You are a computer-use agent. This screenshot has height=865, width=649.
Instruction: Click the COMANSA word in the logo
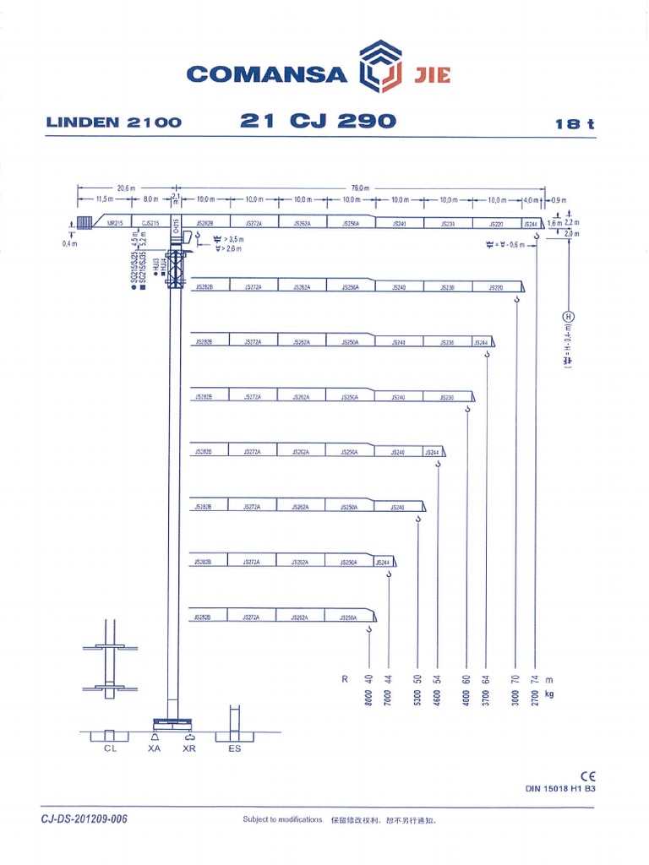coord(266,73)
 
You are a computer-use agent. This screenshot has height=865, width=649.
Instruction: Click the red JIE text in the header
coord(432,74)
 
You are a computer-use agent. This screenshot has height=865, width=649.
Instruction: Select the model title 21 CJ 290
coord(318,121)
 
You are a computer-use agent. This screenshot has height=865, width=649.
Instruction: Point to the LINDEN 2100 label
coord(114,122)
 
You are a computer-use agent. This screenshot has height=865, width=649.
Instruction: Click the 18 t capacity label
coord(575,124)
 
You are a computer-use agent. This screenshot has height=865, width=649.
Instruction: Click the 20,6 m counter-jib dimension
coord(126,188)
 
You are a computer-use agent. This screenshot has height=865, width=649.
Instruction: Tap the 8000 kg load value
coord(368,700)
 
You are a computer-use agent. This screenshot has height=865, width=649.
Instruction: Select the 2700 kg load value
coord(536,700)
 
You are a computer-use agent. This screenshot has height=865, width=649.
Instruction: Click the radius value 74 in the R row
coord(536,679)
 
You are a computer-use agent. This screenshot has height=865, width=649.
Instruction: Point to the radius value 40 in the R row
coord(368,679)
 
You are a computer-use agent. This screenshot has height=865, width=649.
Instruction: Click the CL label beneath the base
coord(111,748)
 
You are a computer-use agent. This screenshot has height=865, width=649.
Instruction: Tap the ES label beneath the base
coord(234,748)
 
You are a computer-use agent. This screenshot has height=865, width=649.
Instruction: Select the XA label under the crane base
coord(154,748)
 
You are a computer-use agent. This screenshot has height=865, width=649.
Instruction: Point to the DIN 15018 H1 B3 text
coord(561,790)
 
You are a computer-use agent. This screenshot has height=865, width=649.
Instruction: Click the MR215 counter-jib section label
coord(116,224)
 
